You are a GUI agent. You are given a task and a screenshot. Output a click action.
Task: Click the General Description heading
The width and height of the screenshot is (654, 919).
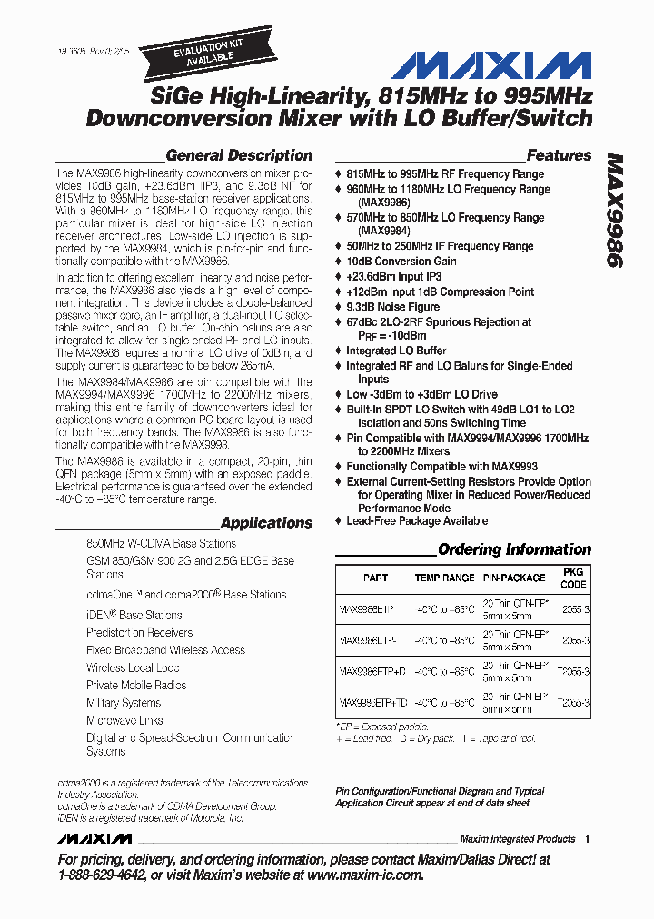coord(239,155)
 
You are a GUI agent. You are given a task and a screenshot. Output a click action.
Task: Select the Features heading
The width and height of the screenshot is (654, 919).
coord(559,155)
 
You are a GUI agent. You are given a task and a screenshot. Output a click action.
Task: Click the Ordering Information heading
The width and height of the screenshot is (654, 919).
coord(514,549)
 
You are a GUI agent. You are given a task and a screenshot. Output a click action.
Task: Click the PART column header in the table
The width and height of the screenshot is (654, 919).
coord(375,578)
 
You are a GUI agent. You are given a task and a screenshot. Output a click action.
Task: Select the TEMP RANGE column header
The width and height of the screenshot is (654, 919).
coord(444,578)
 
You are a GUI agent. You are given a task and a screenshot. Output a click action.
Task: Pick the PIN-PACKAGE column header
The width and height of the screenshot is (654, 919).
coord(514,578)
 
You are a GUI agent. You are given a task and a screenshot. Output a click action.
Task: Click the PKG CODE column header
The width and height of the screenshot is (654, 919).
coord(573,578)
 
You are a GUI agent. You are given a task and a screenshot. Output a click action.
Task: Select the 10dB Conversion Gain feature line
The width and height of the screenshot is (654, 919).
coord(401,261)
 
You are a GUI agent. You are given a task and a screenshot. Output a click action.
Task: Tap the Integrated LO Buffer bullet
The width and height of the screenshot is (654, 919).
coord(396,351)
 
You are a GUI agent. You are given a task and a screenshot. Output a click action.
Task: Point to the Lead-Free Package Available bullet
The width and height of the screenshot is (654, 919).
coord(417,521)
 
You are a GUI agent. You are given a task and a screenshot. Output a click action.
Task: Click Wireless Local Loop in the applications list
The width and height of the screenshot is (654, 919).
coord(133,667)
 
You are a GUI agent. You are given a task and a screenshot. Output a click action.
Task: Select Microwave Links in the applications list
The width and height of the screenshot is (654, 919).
coord(124,720)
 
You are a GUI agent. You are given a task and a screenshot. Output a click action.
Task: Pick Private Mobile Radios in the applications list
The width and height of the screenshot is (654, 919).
coord(136,686)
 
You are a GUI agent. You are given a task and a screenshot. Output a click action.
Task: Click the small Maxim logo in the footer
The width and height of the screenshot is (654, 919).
coord(94,838)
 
